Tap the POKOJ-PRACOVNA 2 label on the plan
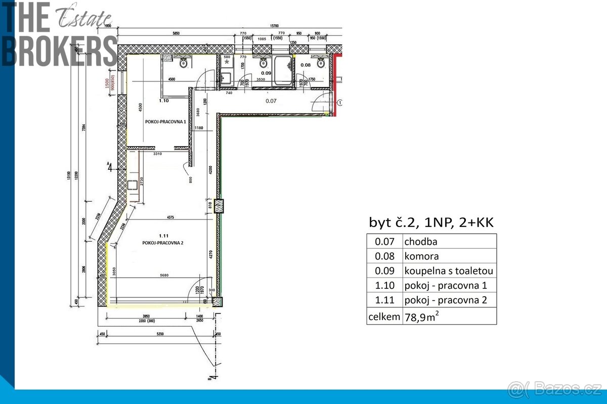[162, 243]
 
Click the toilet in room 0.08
[320, 63]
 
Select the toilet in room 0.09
[263, 63]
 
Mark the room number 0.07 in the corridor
[272, 101]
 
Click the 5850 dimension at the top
[176, 33]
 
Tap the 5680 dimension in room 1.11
[163, 276]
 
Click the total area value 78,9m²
[420, 317]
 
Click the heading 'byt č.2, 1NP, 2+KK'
[431, 222]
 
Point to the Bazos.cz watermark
[555, 388]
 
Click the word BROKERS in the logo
[60, 51]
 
